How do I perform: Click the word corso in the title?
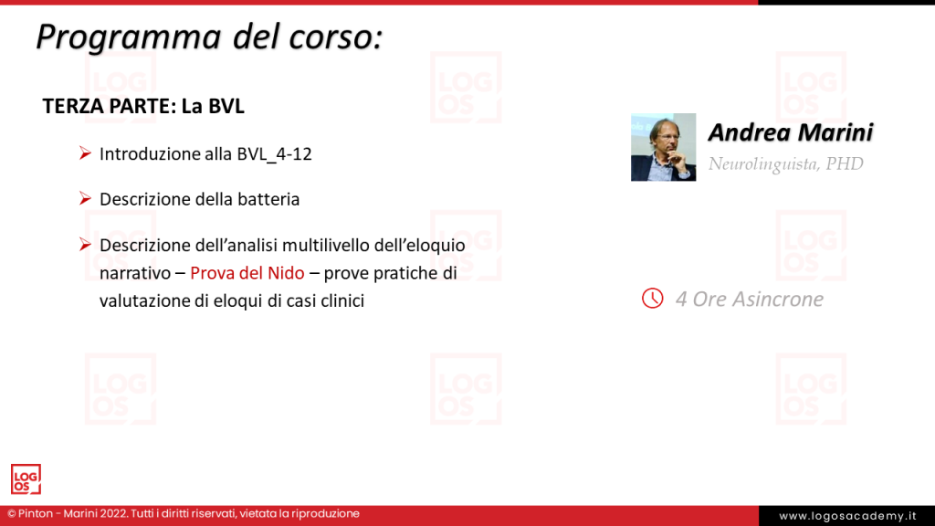[329, 37]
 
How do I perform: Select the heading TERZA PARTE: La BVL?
[143, 106]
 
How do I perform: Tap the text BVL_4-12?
[273, 153]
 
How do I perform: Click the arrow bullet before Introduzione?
[84, 153]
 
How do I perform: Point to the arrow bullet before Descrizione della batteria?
[84, 198]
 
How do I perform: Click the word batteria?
[268, 199]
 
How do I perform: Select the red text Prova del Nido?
[247, 273]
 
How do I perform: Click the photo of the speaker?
[663, 147]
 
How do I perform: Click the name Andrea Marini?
[791, 132]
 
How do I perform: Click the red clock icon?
[652, 299]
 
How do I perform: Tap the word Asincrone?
[779, 299]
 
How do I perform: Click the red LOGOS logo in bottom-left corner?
[26, 479]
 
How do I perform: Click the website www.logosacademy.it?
[846, 516]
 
